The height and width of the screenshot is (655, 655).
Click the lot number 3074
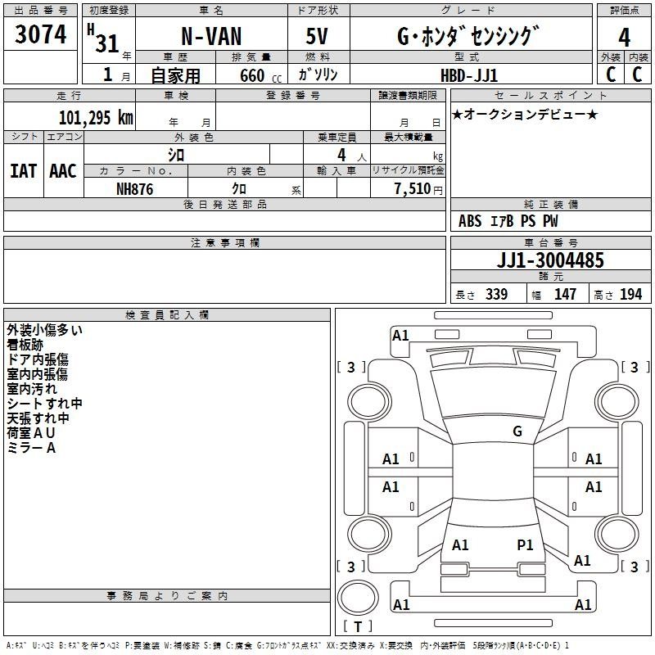click(40, 34)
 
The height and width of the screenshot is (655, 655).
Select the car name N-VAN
click(211, 36)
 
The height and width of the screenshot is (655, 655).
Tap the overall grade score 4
click(624, 38)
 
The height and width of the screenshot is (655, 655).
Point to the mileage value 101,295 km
click(96, 117)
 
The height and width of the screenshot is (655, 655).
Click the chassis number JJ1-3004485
click(550, 260)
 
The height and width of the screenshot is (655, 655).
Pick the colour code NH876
click(134, 189)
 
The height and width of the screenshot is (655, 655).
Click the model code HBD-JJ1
click(469, 75)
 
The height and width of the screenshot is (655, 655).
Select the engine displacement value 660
click(252, 75)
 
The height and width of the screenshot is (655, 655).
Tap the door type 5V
click(317, 36)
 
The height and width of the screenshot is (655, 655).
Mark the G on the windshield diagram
click(517, 431)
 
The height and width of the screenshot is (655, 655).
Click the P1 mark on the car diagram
click(525, 544)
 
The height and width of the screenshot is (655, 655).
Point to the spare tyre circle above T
click(358, 598)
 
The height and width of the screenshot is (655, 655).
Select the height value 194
click(630, 294)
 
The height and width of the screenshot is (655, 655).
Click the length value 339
click(497, 294)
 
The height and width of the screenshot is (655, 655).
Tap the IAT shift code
click(23, 171)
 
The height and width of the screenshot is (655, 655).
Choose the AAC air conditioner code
click(63, 171)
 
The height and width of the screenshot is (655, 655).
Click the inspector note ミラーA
click(31, 448)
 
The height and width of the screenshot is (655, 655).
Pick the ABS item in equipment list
click(470, 221)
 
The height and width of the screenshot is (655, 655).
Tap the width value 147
click(565, 294)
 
